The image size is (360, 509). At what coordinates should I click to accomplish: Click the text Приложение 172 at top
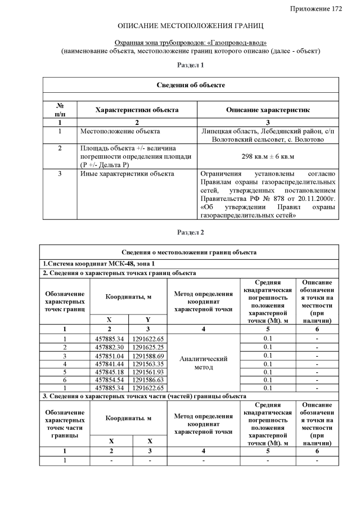(x=316, y=8)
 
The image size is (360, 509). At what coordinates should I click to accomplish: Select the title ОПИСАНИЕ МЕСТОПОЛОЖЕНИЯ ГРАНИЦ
(x=191, y=26)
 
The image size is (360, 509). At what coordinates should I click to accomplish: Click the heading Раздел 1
(x=191, y=66)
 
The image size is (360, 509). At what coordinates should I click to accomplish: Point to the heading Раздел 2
(x=191, y=232)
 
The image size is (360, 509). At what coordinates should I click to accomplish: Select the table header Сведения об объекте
(x=191, y=85)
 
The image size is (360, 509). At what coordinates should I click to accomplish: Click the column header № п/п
(x=59, y=110)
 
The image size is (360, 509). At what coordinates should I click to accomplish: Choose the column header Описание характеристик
(x=268, y=110)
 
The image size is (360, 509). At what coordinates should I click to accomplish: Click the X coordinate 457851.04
(x=110, y=355)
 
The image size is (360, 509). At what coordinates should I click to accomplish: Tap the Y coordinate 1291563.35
(x=148, y=364)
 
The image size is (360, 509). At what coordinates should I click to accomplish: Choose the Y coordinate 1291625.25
(x=148, y=347)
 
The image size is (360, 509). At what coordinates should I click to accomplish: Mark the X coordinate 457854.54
(x=110, y=380)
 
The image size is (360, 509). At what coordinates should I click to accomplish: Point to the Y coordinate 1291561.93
(x=148, y=372)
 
